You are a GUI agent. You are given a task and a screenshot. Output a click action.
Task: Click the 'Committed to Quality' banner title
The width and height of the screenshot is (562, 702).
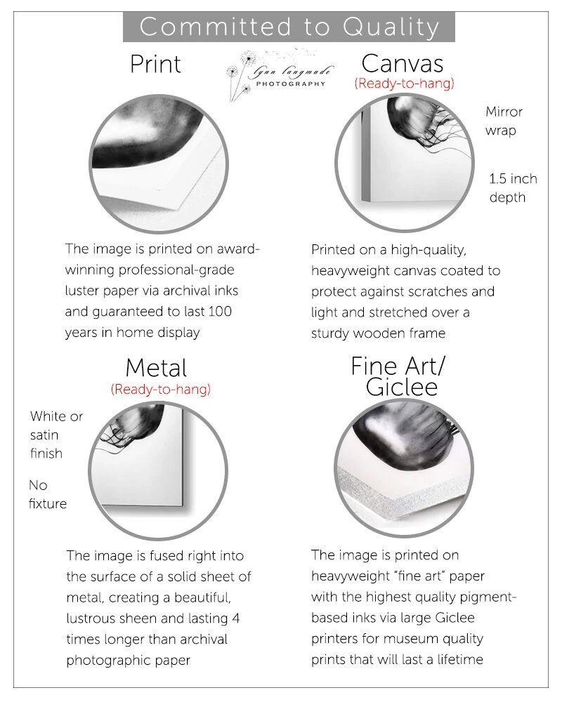[x=289, y=27]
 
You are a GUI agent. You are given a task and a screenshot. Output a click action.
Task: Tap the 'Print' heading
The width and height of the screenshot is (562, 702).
[x=155, y=64]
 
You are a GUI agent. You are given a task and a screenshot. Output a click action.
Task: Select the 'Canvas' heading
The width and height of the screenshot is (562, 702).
[x=403, y=64]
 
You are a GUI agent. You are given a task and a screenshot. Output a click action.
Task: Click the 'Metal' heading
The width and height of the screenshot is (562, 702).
[x=156, y=368]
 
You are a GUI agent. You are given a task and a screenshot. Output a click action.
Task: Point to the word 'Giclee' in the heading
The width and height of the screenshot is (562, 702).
[x=402, y=388]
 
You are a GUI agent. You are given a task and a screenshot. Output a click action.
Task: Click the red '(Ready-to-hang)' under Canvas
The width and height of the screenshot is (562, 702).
[x=404, y=84]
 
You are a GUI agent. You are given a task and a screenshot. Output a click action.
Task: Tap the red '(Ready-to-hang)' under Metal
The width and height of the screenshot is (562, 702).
[x=160, y=390]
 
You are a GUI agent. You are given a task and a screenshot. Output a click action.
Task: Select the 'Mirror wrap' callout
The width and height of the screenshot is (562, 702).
[x=504, y=121]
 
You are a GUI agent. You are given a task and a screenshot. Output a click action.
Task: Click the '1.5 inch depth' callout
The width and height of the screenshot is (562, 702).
[x=513, y=188]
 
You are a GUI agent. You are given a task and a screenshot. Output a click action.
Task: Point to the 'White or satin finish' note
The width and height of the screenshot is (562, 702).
[x=56, y=435]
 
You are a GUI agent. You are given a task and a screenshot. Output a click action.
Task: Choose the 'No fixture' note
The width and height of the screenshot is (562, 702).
[x=48, y=494]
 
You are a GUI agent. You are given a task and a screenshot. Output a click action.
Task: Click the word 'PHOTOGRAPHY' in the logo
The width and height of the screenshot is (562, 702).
[x=290, y=84]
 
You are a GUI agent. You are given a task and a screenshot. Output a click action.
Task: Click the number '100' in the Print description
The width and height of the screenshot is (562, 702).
[x=220, y=312]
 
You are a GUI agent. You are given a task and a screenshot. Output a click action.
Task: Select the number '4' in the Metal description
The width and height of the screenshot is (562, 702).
[x=236, y=618]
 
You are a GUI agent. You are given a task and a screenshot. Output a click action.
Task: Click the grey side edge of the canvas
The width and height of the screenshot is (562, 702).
[x=365, y=154]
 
